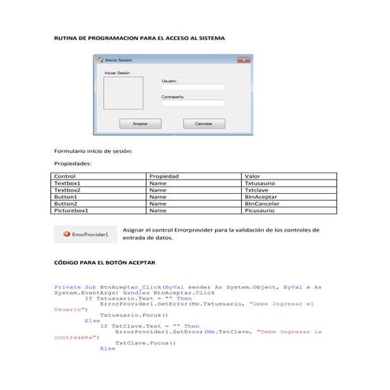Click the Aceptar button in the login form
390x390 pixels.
[x=140, y=124]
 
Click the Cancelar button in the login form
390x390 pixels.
[x=203, y=124]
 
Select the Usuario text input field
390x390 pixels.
[x=193, y=87]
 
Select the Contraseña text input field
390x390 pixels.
[x=193, y=103]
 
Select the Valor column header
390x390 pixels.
[x=253, y=176]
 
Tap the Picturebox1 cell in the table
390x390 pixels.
[x=71, y=211]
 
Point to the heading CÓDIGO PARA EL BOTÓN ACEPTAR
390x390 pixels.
[x=104, y=262]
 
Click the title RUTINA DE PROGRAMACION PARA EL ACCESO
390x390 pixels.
[x=139, y=38]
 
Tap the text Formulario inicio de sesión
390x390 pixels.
[x=93, y=150]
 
